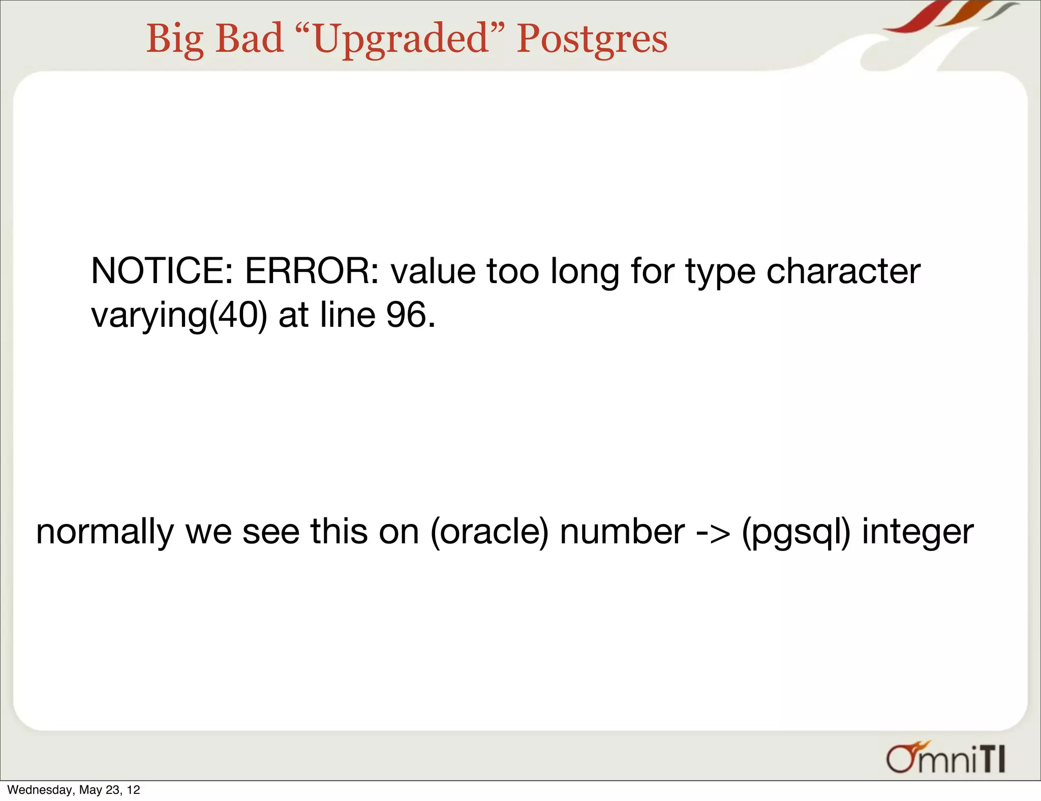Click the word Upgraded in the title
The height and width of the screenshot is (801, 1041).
401,39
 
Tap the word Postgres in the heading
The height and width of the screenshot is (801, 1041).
592,39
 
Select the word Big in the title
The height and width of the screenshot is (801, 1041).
175,39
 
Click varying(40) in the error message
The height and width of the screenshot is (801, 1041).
179,315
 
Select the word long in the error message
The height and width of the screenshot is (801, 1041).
585,272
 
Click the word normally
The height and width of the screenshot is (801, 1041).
105,532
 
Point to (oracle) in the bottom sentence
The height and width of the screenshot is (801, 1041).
489,532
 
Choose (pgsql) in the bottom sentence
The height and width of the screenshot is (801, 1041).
796,532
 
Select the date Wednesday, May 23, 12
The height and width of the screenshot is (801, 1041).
74,790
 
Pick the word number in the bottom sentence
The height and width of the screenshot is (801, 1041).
622,532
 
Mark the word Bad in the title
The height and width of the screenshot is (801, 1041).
249,39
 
